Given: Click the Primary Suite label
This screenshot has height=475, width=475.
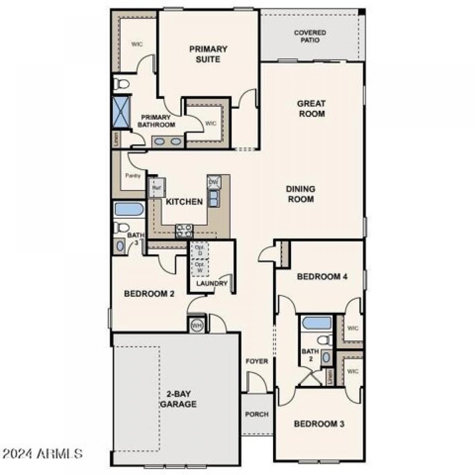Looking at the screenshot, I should point(208,54).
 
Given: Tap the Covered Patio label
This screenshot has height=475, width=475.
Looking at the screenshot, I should point(310,36).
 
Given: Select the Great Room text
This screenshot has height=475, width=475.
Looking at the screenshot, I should point(311,108).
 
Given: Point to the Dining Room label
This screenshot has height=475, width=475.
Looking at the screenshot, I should point(301,194).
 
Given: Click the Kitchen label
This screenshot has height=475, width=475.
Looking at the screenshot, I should point(184,202).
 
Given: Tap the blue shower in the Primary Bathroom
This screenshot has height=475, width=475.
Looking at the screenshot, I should point(122,112).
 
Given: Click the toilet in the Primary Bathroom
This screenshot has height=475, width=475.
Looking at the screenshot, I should point(122,84).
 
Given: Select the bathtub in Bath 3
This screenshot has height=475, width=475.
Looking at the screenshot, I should point(129,209).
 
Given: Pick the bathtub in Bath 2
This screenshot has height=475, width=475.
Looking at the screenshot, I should point(316,323).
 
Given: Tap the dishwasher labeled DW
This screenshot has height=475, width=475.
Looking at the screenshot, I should point(213,182).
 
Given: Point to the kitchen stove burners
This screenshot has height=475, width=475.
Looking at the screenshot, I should point(184,230).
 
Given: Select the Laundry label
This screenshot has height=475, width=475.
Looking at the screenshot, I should point(212,283).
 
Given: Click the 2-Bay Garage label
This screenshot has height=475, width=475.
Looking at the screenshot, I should point(179,399).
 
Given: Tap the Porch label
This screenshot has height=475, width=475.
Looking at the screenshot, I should point(256,414).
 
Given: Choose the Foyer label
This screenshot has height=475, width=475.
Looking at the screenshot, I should point(256,361).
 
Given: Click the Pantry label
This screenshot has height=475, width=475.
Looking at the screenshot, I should point(133,176).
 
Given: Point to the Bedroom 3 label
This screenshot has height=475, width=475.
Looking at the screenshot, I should point(319,424).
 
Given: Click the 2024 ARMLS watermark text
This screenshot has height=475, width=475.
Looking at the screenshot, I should point(42,454).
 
